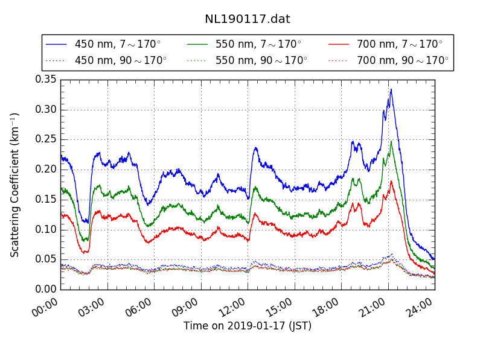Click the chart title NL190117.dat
248,19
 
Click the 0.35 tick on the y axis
45,79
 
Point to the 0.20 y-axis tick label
45,169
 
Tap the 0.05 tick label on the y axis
45,259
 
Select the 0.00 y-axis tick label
45,289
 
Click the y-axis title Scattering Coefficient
15,184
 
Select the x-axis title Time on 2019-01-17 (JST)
248,326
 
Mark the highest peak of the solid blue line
391,89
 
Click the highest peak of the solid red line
391,181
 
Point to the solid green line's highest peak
391,141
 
